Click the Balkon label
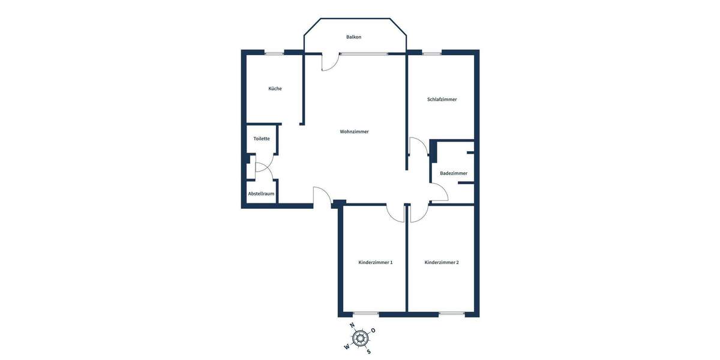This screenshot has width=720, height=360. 353,37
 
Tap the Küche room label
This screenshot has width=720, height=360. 275,89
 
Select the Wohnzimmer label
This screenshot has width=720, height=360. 354,131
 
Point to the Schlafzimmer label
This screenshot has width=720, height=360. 442,100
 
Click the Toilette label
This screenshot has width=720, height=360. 262,139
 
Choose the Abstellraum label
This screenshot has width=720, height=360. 262,194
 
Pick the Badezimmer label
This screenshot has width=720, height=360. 454,173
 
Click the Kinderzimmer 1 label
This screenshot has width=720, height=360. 376,262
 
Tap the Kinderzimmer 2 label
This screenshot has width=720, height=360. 442,262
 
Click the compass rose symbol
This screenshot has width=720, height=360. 360,338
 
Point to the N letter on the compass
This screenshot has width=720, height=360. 352,325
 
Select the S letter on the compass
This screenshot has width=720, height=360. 368,352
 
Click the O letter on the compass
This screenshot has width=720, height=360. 373,331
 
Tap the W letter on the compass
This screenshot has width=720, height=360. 347,347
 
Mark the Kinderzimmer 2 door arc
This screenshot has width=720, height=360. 419,214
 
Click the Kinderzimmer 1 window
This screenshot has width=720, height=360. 365,314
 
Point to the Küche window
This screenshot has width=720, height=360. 275,53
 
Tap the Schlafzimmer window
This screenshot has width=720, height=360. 432,53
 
